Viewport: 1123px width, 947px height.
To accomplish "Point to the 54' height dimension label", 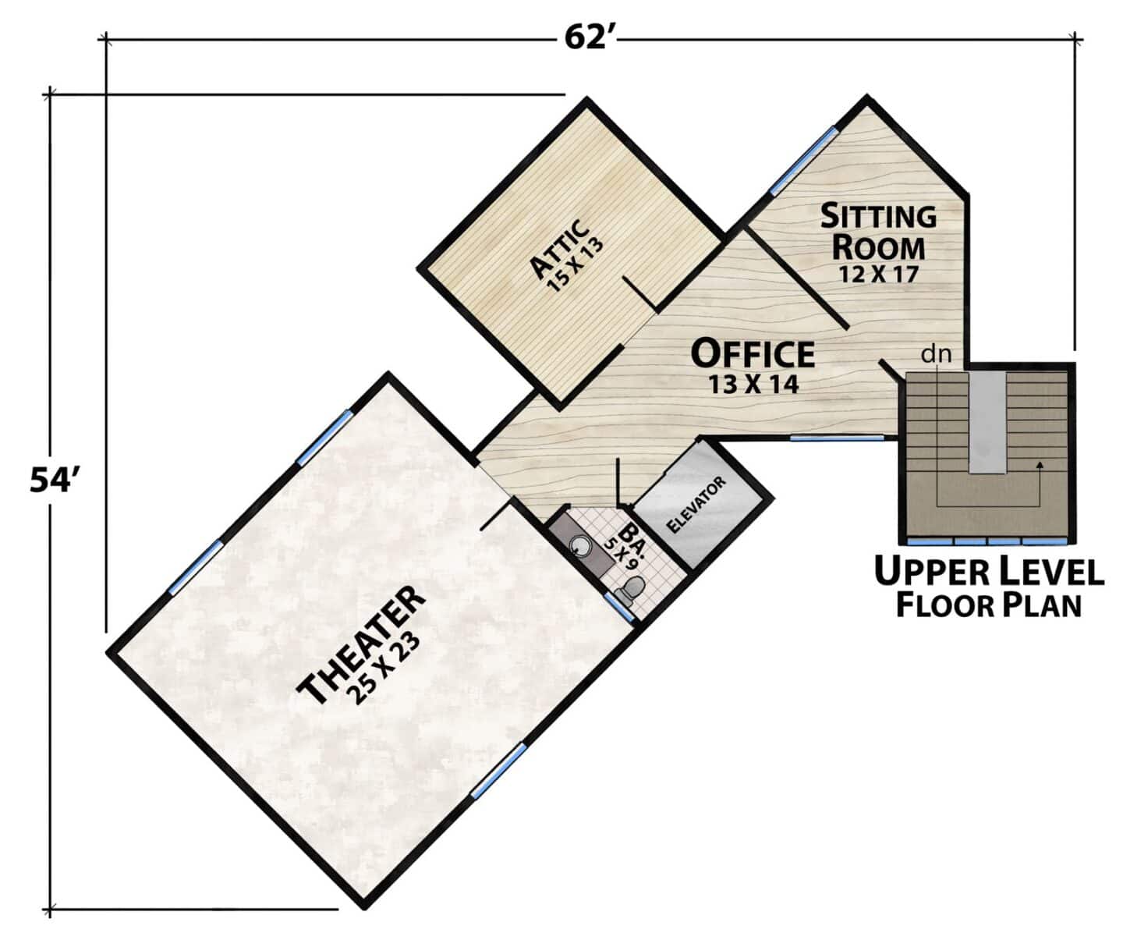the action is pos(51,480).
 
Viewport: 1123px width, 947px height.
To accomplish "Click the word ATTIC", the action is pos(559,248).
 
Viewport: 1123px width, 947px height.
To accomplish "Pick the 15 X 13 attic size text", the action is pos(576,264).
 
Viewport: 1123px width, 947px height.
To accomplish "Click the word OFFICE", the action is pos(753,353).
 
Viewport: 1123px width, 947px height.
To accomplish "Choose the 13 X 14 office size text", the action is pos(753,384).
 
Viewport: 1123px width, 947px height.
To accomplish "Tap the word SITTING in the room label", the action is pos(878,215).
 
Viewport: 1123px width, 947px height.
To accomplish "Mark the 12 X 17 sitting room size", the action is pos(878,275).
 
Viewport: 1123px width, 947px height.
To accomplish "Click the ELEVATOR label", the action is pos(696,504).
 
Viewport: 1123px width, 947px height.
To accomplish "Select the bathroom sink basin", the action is pos(580,545).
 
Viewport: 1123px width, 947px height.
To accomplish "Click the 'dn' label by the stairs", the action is pos(937,354).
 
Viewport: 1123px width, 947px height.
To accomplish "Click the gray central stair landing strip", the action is pos(987,423).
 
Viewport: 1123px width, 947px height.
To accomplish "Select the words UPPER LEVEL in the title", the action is pos(989,571).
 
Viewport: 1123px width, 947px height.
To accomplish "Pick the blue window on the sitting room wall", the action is pos(804,161).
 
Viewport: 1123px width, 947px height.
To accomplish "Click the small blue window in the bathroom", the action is pos(618,607).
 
